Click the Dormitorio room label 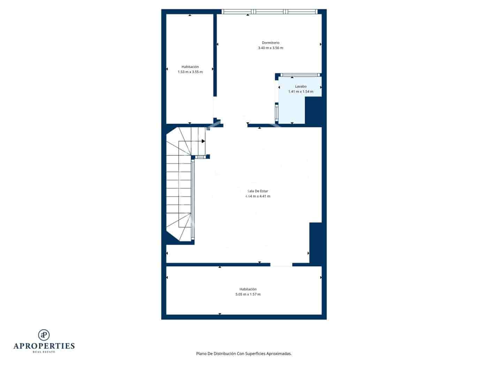(270, 43)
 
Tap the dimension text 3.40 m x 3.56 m (270, 48)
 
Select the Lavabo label (300, 86)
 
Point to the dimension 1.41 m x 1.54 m (300, 92)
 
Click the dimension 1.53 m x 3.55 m (190, 72)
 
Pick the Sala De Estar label (258, 191)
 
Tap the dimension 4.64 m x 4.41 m (258, 196)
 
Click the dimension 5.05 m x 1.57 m (248, 295)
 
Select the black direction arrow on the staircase (203, 141)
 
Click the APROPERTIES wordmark (44, 346)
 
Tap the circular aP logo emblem (44, 335)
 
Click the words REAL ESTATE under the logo (44, 352)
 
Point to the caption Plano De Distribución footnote (244, 354)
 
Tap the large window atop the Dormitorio (270, 12)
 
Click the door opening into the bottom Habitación (281, 265)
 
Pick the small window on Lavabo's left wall (276, 112)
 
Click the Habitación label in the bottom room (248, 289)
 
